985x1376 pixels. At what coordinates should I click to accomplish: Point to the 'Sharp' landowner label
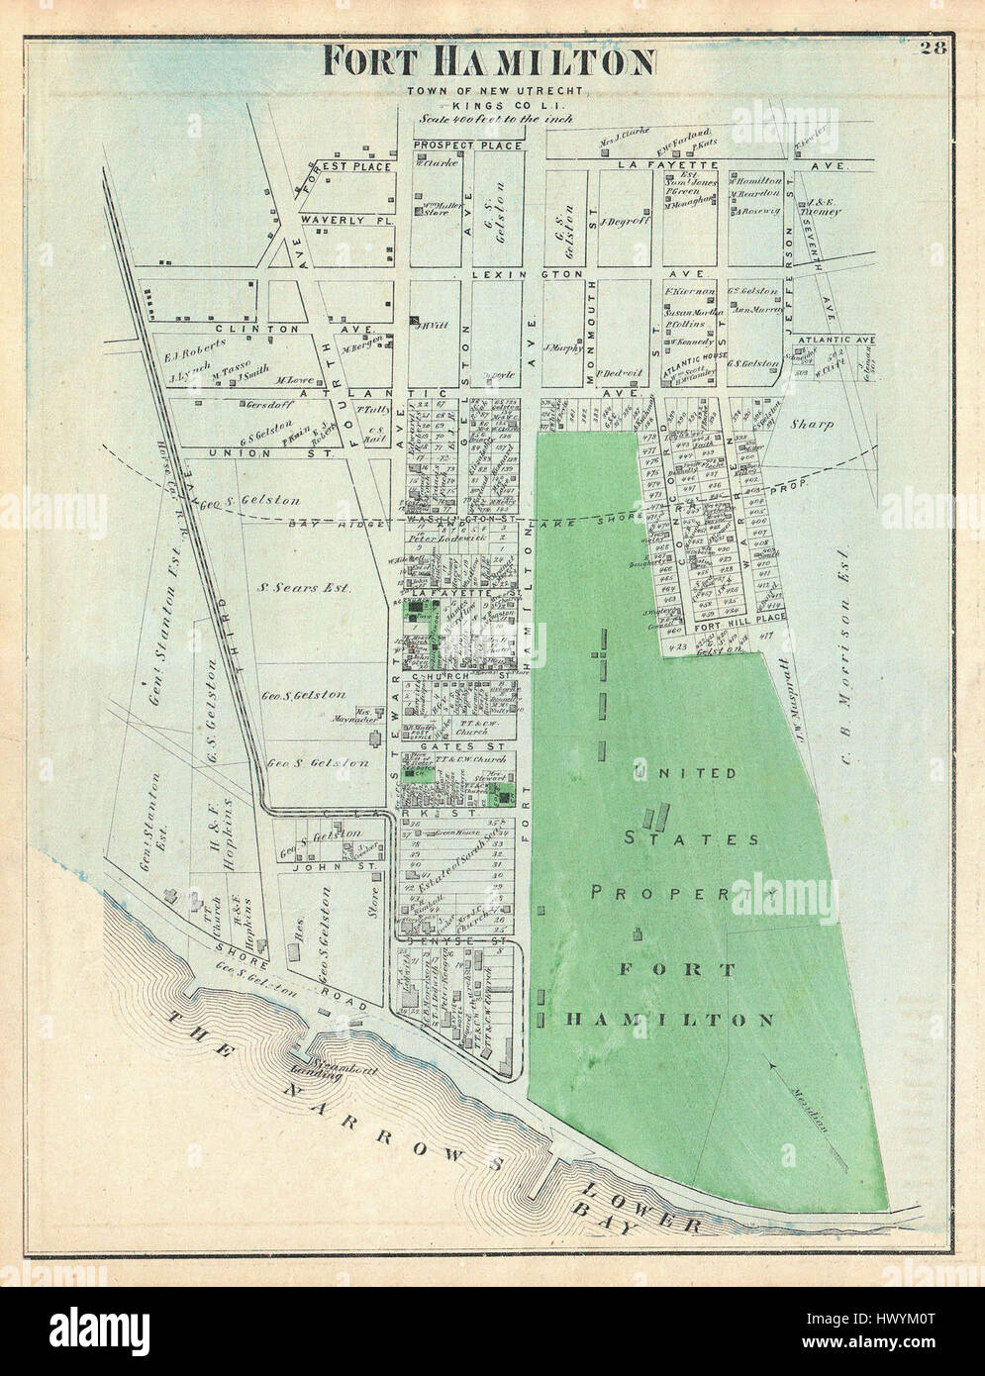click(813, 424)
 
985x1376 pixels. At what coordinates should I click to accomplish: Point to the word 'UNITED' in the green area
click(684, 773)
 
